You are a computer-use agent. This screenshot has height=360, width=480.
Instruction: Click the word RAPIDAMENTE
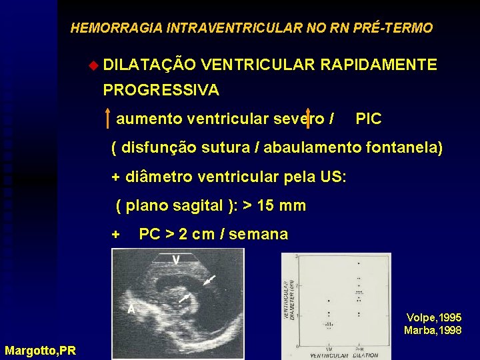378,65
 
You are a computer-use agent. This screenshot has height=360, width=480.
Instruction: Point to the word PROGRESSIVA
161,89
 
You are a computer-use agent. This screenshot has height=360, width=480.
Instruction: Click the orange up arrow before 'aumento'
107,119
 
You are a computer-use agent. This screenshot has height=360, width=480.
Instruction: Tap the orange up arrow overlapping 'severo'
307,119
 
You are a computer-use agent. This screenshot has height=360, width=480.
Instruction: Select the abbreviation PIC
369,119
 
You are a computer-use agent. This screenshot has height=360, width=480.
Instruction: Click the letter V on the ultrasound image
176,259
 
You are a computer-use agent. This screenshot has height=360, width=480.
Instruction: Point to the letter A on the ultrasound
131,309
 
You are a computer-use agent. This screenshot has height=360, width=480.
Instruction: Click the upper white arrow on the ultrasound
209,280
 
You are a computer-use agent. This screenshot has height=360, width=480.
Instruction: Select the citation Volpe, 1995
433,318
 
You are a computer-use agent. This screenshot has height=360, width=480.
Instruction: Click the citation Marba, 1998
433,330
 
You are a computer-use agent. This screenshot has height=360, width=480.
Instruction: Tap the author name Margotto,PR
40,350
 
